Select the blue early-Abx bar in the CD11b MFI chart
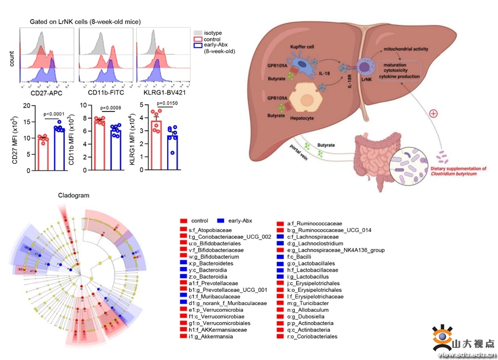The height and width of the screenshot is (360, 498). [115, 150]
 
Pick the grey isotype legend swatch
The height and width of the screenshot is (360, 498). [198, 33]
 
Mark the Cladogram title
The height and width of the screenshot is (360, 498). [74, 196]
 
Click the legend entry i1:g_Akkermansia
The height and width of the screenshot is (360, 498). [210, 336]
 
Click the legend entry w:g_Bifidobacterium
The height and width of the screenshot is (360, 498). [214, 256]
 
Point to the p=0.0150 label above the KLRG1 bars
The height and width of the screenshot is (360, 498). [169, 104]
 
